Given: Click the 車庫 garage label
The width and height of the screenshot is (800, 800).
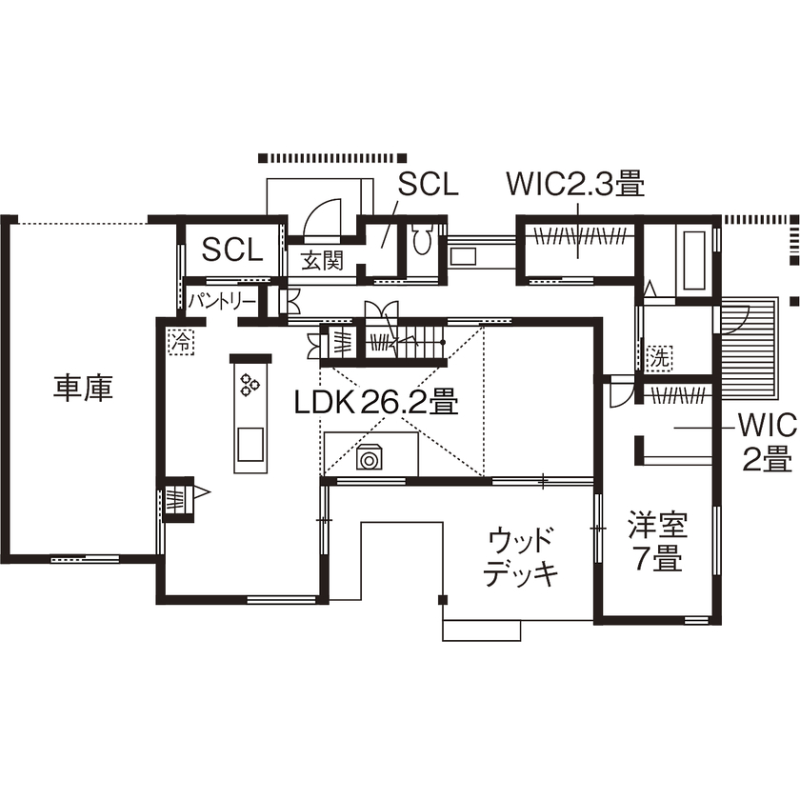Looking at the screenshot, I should click(83, 388).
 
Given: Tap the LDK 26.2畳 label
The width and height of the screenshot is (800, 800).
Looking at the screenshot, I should click(376, 403).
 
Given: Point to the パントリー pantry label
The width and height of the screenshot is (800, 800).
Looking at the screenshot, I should click(221, 301).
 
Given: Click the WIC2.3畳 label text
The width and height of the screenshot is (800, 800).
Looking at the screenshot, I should click(575, 183).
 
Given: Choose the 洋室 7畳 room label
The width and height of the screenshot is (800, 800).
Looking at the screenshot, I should click(657, 541).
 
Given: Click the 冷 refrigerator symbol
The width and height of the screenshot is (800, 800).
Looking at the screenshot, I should click(179, 340).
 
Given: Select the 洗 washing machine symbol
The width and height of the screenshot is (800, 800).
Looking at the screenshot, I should click(658, 358).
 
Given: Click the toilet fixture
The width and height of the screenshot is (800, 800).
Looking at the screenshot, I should click(423, 239).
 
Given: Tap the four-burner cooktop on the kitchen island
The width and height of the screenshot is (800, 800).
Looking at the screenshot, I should click(250, 384).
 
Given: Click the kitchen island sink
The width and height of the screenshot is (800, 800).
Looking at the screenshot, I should click(250, 445).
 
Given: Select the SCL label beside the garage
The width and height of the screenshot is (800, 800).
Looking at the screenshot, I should click(231, 250).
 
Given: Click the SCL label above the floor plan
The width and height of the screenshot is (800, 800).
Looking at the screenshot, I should click(428, 184).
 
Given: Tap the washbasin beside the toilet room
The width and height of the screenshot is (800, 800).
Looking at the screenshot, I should click(463, 255).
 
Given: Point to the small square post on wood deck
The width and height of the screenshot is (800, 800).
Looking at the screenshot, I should click(442, 598).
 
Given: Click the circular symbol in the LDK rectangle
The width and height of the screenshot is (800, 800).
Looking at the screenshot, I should click(369, 459).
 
